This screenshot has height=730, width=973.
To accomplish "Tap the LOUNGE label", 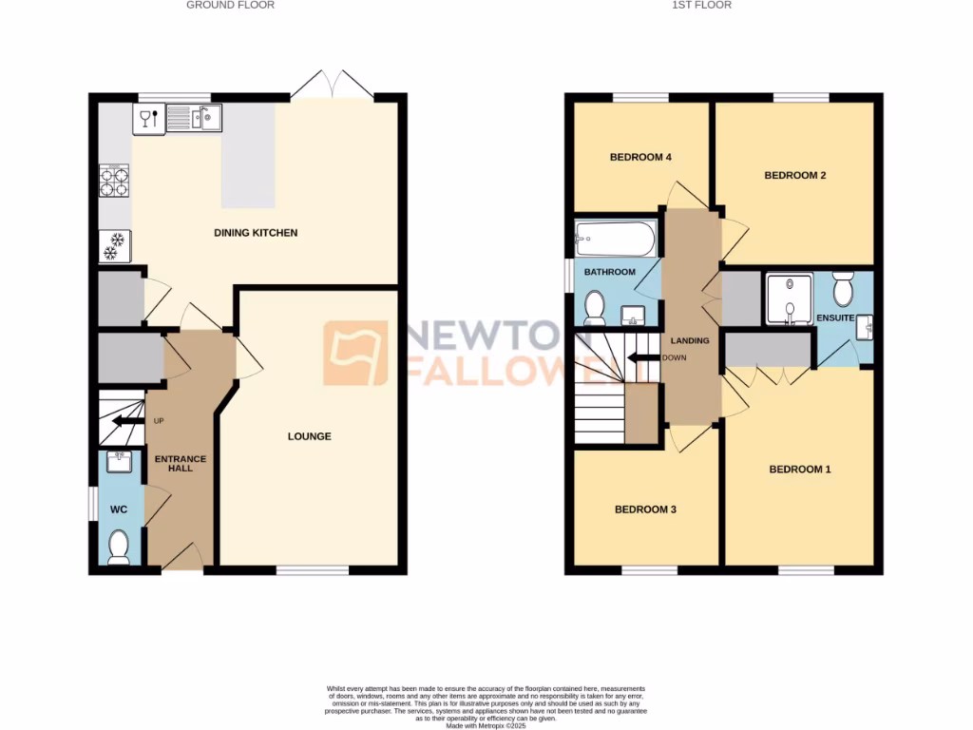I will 310,436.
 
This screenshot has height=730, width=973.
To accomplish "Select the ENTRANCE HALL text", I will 181,464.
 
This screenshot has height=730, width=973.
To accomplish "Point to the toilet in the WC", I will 119,547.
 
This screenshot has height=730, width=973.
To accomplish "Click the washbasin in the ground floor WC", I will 120,462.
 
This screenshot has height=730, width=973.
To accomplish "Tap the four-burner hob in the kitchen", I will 114,181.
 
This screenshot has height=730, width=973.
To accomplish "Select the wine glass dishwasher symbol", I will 146,118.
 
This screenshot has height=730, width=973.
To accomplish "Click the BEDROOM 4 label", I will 641,157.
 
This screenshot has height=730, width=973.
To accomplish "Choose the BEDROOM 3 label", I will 645,509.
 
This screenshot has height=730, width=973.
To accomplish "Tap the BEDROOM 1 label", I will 799,469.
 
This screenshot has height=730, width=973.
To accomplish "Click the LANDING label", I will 690,340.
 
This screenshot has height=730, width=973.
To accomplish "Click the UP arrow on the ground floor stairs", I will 124,421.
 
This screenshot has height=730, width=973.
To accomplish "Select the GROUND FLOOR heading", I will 230,6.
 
